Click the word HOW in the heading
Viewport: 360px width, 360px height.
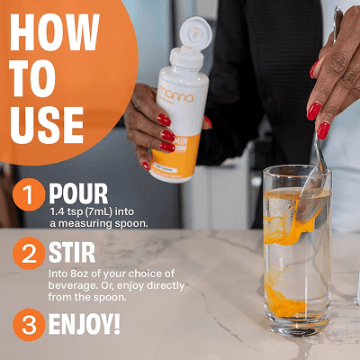tap(55, 31)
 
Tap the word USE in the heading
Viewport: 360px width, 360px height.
tap(47, 125)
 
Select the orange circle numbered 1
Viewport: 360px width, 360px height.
tap(29, 194)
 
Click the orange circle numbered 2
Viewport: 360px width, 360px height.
tap(29, 253)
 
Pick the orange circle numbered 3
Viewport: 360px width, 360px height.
tap(29, 325)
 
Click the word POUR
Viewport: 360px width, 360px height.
tap(78, 194)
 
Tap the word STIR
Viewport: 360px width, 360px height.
tap(72, 253)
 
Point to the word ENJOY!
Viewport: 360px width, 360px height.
tap(85, 324)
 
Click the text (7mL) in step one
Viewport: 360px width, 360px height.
tap(99, 211)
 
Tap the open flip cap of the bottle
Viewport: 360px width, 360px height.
tap(196, 32)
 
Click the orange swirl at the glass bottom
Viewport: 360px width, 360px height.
tap(284, 301)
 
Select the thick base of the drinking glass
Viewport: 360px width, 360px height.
tap(297, 326)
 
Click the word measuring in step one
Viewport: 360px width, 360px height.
tap(85, 224)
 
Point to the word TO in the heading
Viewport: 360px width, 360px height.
tap(32, 78)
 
